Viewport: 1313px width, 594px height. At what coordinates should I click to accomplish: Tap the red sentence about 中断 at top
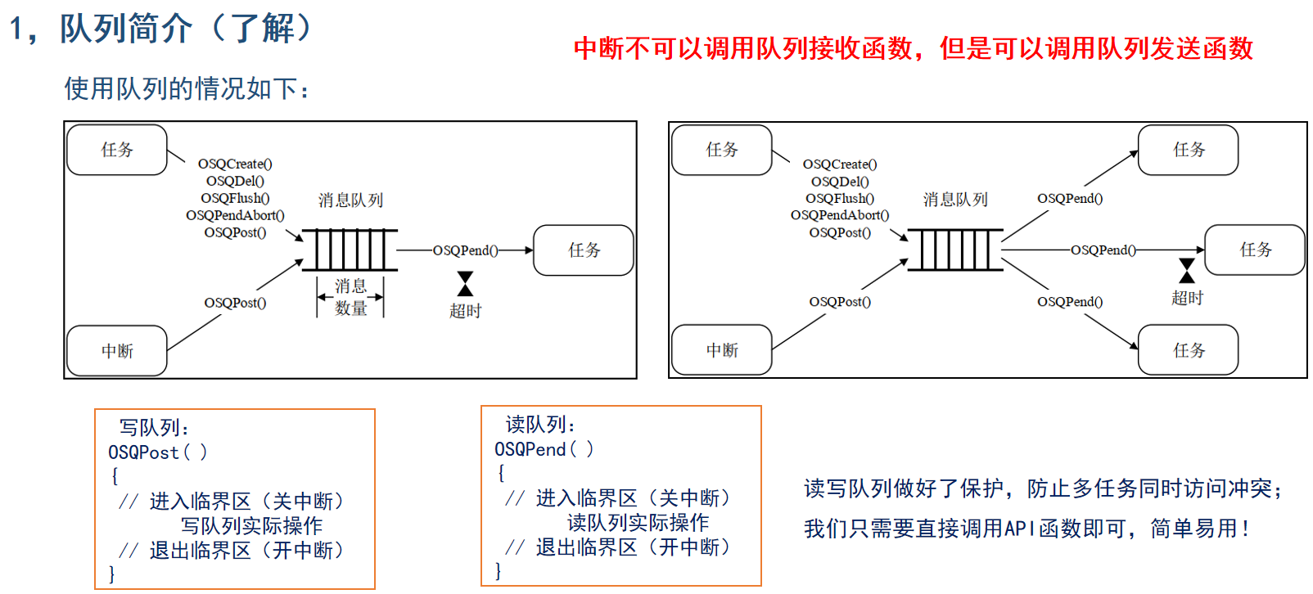[x=914, y=48]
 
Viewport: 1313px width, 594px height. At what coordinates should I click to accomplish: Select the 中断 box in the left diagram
[x=117, y=350]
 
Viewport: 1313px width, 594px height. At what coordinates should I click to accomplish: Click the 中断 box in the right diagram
[x=721, y=349]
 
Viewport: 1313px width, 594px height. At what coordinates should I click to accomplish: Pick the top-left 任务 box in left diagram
[x=117, y=150]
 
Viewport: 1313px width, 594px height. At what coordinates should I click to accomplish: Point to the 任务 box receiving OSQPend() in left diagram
[x=584, y=250]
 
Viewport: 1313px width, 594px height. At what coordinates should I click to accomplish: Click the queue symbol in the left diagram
[x=350, y=250]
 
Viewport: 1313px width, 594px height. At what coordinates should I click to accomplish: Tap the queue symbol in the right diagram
[x=955, y=250]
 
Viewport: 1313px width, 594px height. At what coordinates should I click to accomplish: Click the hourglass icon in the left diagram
[x=465, y=284]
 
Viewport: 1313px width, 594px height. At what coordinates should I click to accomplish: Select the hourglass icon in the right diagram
[x=1187, y=271]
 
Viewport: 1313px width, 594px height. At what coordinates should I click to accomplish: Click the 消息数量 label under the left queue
[x=350, y=297]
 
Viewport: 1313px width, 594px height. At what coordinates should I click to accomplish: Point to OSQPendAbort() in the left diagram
[x=235, y=215]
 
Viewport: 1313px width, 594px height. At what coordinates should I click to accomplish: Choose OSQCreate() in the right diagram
[x=840, y=164]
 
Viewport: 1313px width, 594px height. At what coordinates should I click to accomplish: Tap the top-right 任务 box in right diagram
[x=1188, y=150]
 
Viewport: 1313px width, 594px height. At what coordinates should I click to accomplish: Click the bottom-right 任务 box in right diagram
[x=1188, y=349]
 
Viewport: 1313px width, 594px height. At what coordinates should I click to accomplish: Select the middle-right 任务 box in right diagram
[x=1255, y=250]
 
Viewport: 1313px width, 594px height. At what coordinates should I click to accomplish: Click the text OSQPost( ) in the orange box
[x=158, y=452]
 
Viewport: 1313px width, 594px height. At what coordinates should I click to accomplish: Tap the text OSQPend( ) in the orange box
[x=544, y=449]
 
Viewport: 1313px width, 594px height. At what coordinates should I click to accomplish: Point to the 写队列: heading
[x=154, y=428]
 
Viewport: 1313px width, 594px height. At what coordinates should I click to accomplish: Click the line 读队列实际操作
[x=638, y=523]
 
